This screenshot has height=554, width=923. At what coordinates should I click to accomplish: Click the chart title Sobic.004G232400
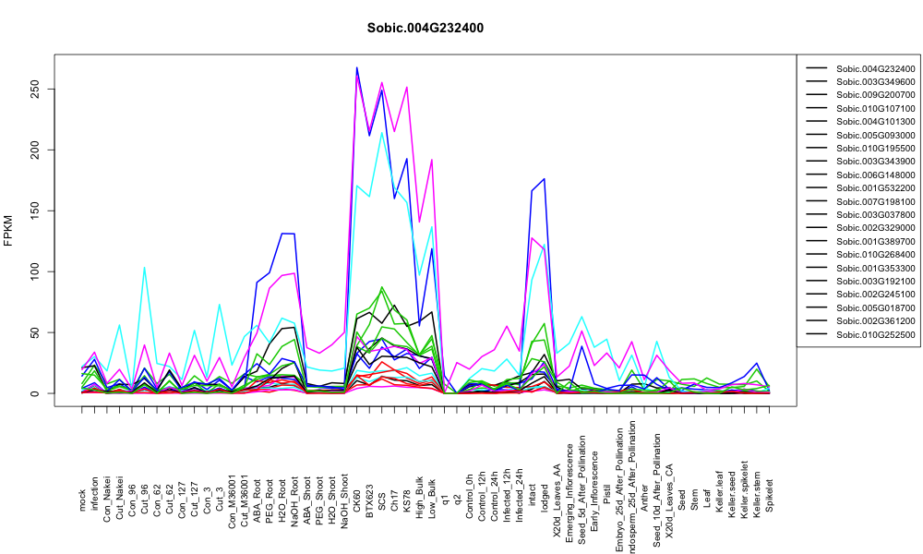425,29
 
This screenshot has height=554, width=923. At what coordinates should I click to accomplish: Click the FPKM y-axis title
8,231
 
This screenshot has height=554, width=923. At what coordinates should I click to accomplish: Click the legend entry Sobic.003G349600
875,82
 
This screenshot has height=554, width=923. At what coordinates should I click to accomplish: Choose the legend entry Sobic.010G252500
875,335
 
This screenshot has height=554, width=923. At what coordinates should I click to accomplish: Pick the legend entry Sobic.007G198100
875,202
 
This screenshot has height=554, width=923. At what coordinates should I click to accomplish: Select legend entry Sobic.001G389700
875,241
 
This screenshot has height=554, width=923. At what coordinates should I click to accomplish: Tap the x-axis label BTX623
370,501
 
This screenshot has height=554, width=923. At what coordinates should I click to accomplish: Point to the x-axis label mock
82,500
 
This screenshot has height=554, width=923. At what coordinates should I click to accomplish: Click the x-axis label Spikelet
770,496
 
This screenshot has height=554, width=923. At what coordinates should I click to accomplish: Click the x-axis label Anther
644,498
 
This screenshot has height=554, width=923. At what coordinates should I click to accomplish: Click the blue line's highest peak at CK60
356,67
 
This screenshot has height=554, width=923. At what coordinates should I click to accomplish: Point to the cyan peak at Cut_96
144,267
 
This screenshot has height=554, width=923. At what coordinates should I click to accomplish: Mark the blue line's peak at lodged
545,178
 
